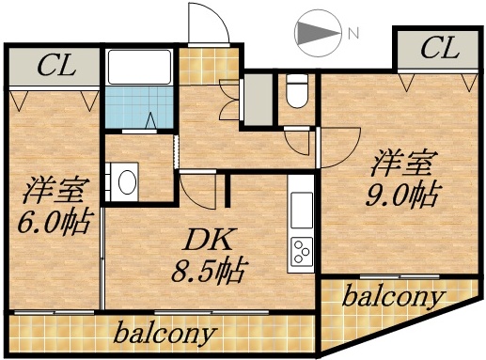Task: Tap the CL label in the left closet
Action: tap(55, 66)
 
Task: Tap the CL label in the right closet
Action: tap(438, 47)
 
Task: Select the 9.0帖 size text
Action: tap(402, 196)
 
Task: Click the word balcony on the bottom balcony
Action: tap(166, 333)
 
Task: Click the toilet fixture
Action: tap(298, 90)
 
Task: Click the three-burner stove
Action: tap(303, 252)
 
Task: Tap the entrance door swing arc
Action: tap(207, 21)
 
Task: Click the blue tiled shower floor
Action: tap(137, 108)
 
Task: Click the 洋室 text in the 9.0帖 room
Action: tap(401, 164)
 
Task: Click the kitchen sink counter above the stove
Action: tap(303, 212)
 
